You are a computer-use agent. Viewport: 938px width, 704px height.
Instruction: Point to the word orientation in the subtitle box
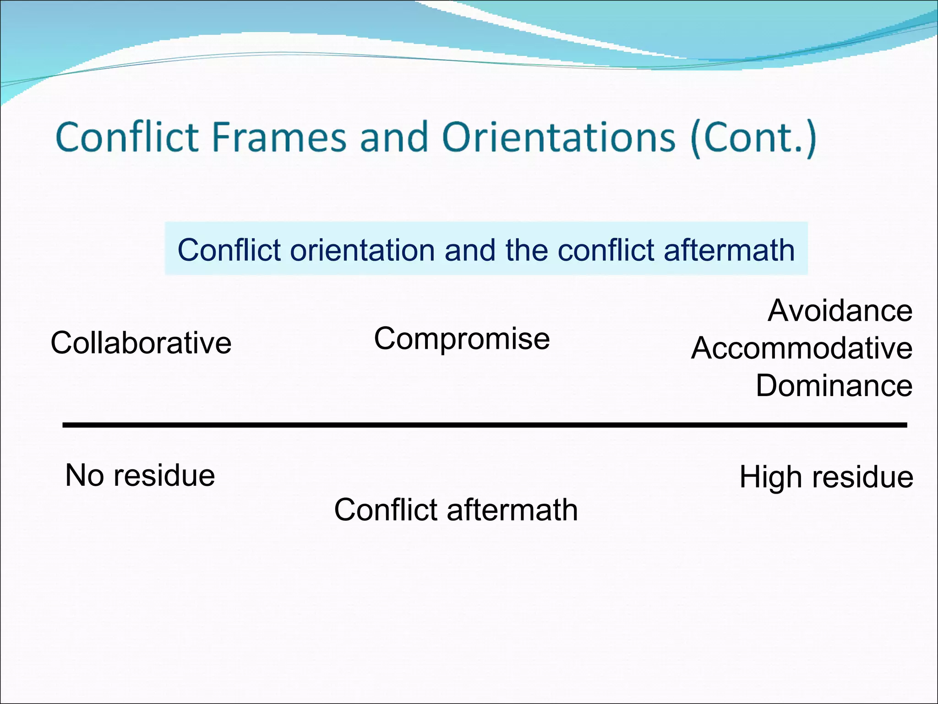tap(362, 250)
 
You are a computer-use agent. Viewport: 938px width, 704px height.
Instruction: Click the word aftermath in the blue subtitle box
tap(729, 250)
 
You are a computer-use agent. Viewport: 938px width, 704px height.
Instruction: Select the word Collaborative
tap(141, 343)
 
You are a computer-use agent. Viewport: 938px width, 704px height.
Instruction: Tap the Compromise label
tap(462, 339)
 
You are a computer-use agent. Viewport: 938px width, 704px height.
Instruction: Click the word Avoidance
tap(840, 311)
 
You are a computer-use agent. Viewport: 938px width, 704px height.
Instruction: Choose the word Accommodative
tap(802, 348)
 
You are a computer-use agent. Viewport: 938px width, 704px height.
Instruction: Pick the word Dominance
tap(834, 385)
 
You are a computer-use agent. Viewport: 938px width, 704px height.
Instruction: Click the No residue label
tap(140, 475)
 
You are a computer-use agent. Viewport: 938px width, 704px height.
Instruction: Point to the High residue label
tap(826, 477)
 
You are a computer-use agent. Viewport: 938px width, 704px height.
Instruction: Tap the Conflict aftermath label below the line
tap(456, 510)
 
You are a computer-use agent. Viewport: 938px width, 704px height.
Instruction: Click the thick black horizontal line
tap(485, 425)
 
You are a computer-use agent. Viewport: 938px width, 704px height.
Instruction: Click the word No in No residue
tap(84, 475)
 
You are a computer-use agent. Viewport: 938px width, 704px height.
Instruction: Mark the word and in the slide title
tap(394, 137)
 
